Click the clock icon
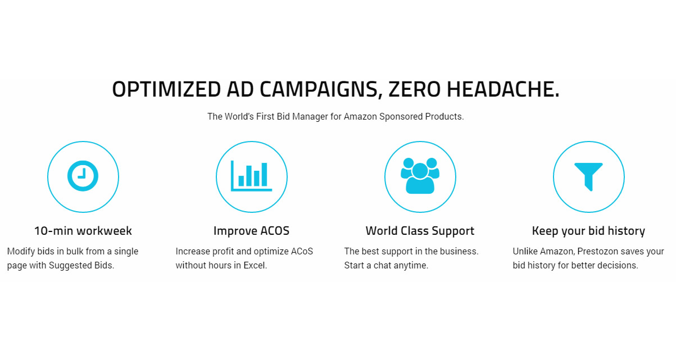coord(83,176)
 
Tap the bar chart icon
coord(251,176)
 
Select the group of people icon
coord(420,176)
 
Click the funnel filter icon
coord(588,177)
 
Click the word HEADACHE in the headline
coord(503,89)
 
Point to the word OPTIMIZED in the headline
coord(166,89)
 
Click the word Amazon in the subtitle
coord(360,117)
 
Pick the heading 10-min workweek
coord(83,231)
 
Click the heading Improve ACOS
coord(251,231)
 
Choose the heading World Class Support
coord(420,231)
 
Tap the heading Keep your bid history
coord(588,231)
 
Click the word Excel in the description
coord(255,265)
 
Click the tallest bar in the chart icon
coord(264,175)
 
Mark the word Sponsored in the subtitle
coord(401,117)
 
